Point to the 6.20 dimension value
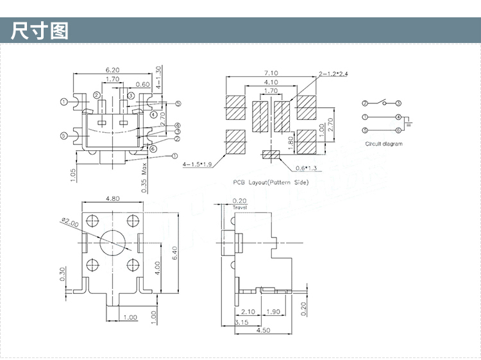pyautogui.click(x=112, y=70)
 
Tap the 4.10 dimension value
pyautogui.click(x=271, y=82)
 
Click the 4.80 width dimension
pyautogui.click(x=112, y=199)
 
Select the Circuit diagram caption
pyautogui.click(x=384, y=144)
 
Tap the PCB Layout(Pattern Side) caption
pyautogui.click(x=271, y=182)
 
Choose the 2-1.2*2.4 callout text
pyautogui.click(x=333, y=74)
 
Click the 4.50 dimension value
pyautogui.click(x=263, y=330)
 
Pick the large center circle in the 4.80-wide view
pyautogui.click(x=112, y=241)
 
